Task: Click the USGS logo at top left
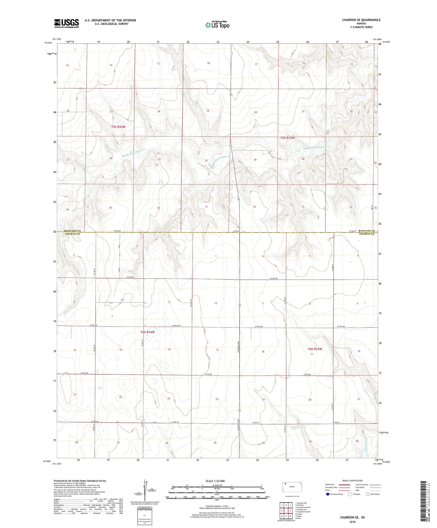point(66,23)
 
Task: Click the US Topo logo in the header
point(217,25)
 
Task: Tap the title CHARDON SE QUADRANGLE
point(361,20)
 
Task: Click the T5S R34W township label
point(118,127)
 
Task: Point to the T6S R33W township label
point(315,349)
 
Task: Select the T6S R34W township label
point(147,332)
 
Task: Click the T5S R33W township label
point(287,138)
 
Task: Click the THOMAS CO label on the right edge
point(367,234)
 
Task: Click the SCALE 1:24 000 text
point(215,481)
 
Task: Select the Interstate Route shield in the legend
point(328,494)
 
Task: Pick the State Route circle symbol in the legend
point(368,494)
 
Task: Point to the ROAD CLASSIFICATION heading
point(352,481)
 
